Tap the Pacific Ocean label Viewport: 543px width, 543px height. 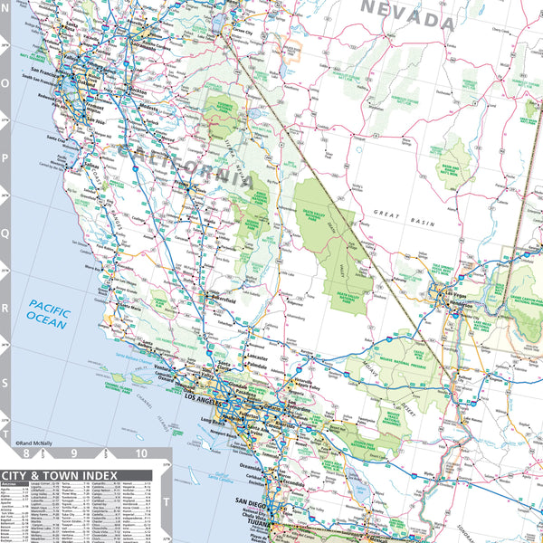48,314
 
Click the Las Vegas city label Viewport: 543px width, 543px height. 448,291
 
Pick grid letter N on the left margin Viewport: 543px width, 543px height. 5,42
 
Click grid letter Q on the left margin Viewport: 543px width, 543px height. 5,232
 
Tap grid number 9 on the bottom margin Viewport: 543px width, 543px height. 73,453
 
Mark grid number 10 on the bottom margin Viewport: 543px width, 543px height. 140,453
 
